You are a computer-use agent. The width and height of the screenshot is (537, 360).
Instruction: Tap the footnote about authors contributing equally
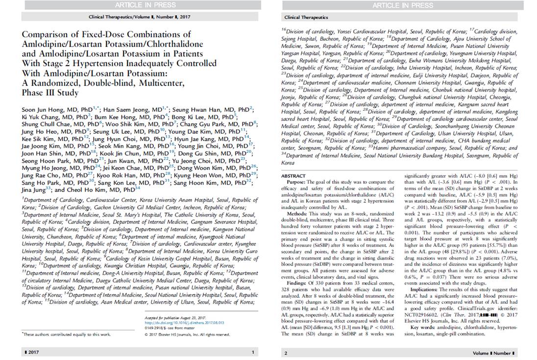(x=66, y=334)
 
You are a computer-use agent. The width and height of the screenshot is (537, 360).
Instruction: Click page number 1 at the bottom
(x=253, y=352)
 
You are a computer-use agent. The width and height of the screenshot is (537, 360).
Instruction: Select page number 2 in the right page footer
(x=286, y=353)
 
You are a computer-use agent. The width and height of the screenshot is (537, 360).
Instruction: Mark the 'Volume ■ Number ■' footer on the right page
(x=492, y=353)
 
